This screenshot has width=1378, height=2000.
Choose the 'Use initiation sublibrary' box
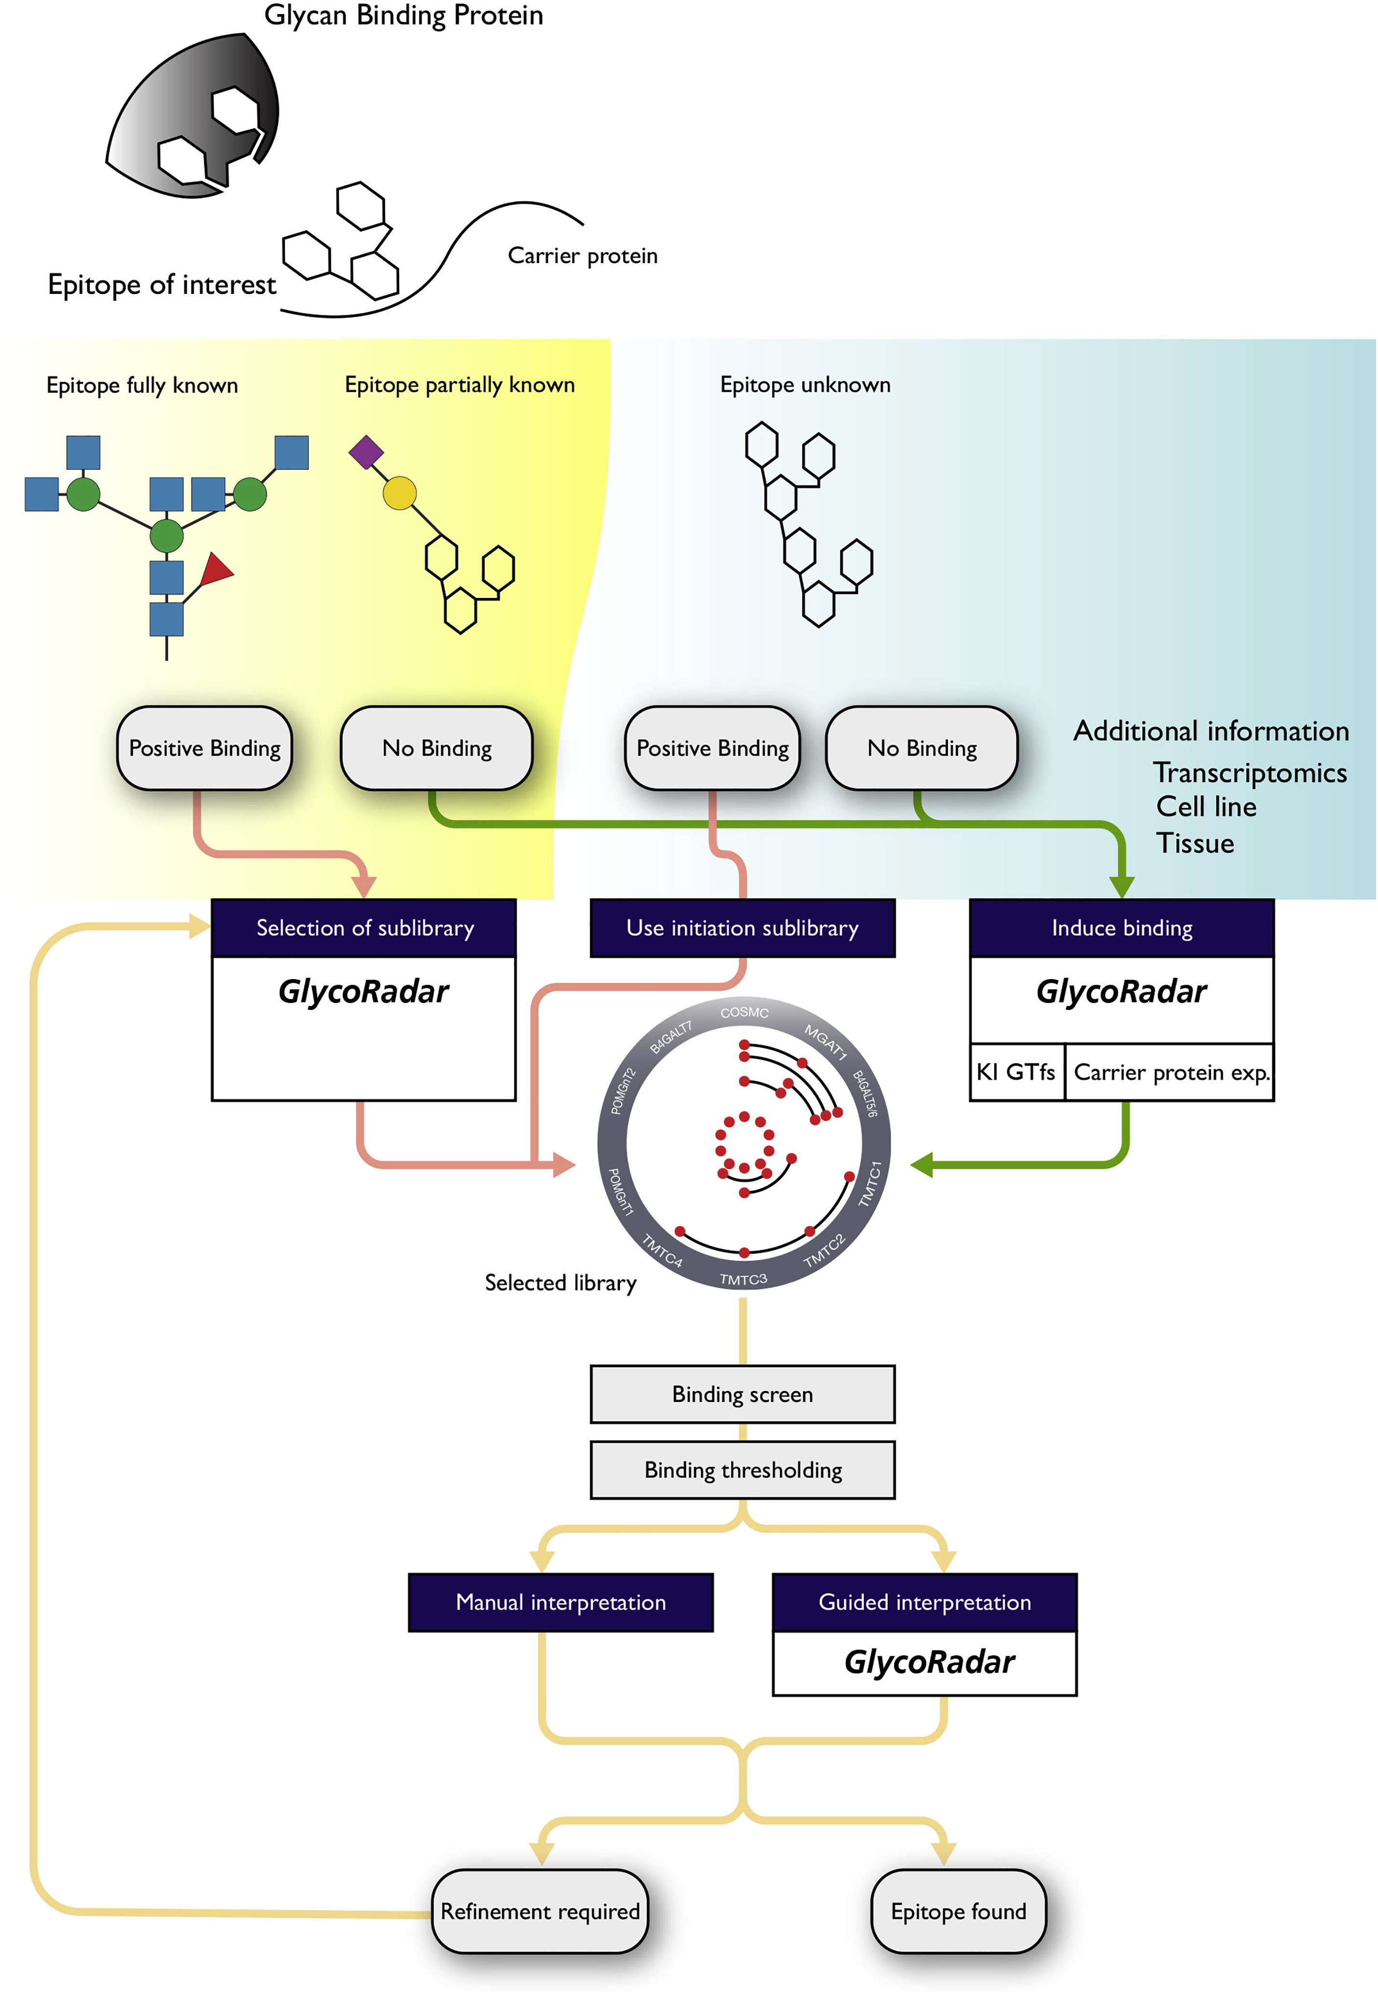(743, 928)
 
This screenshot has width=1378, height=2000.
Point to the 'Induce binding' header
(1122, 928)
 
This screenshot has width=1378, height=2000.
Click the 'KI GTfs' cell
(1016, 1072)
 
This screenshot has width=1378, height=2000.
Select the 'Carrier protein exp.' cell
(1170, 1072)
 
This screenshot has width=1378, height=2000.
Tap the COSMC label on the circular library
(744, 1012)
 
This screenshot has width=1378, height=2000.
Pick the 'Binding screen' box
(743, 1394)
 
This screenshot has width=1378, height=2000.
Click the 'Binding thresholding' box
(743, 1470)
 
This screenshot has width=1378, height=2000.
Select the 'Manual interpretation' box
(561, 1602)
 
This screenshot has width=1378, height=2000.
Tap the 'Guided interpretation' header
(925, 1602)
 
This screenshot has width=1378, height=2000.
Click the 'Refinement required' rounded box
(540, 1911)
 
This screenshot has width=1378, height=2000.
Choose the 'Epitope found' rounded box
(958, 1911)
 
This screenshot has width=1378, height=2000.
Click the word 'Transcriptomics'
(1249, 772)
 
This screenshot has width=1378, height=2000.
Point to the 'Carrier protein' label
(583, 255)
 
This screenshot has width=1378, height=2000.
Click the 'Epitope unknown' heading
(805, 385)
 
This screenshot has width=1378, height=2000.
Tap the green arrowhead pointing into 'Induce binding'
(1122, 887)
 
